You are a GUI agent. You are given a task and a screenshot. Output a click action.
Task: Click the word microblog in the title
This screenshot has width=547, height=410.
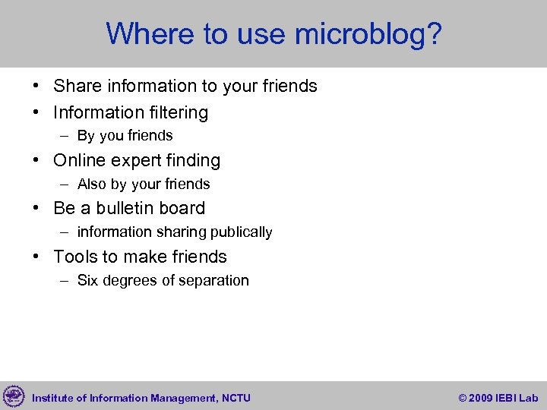tap(368, 34)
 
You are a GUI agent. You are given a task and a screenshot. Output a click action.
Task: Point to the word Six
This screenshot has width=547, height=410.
tap(87, 280)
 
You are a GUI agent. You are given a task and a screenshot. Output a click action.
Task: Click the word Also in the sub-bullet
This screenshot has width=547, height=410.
tap(92, 184)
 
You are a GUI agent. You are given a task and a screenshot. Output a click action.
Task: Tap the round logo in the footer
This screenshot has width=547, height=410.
tap(14, 396)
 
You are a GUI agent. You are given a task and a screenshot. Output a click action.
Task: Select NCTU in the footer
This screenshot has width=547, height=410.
tap(237, 398)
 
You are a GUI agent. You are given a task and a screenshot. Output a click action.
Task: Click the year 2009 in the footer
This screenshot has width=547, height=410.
tap(482, 398)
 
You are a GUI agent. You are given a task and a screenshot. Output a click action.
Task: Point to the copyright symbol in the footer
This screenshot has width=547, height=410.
tap(463, 398)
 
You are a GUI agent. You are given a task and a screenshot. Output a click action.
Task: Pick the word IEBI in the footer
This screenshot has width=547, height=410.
tap(506, 398)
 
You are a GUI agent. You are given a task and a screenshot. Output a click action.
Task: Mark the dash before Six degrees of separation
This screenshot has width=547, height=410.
tap(66, 281)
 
